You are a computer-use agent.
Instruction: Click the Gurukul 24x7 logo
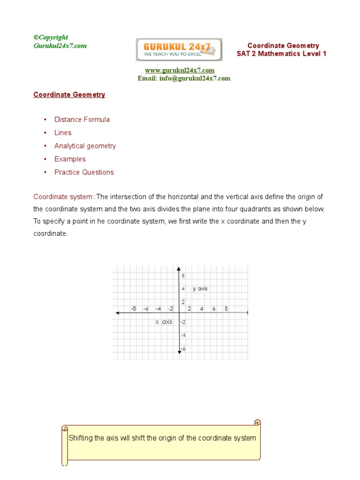click(179, 50)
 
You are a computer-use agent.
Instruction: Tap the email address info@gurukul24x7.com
click(184, 78)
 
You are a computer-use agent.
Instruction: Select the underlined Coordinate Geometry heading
click(69, 95)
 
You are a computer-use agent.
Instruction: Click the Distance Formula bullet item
click(82, 120)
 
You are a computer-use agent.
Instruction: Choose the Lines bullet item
click(63, 133)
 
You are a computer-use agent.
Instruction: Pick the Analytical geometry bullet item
click(85, 146)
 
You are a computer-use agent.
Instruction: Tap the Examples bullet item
click(70, 159)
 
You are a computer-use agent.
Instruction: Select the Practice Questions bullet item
click(84, 172)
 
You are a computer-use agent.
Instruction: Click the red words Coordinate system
click(63, 196)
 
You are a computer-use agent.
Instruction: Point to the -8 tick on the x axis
click(134, 308)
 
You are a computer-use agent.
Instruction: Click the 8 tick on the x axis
click(226, 308)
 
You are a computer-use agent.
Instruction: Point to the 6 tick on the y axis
click(183, 276)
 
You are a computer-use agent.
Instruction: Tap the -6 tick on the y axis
click(183, 348)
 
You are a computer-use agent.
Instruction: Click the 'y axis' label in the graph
click(200, 289)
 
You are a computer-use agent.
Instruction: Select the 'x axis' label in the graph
click(164, 322)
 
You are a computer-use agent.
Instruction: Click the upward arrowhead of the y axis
click(179, 269)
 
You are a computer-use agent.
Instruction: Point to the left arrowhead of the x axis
click(117, 313)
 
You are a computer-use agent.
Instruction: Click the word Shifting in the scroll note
click(81, 438)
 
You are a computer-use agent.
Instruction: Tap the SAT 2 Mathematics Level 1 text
click(281, 54)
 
